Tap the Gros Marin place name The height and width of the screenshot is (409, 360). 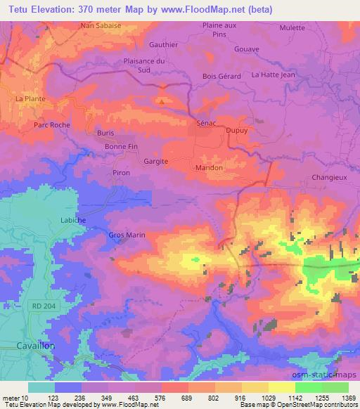pos(127,235)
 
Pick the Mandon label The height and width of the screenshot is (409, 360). pos(209,168)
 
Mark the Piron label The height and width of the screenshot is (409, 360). pos(122,171)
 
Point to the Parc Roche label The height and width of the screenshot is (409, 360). pos(52,124)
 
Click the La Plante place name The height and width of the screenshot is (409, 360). pos(30,99)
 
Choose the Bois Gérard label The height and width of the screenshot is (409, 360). pos(221,76)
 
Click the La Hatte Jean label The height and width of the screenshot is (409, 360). pos(273,74)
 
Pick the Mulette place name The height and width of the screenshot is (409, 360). pos(292,28)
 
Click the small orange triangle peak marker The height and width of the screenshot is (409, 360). pos(162,101)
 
